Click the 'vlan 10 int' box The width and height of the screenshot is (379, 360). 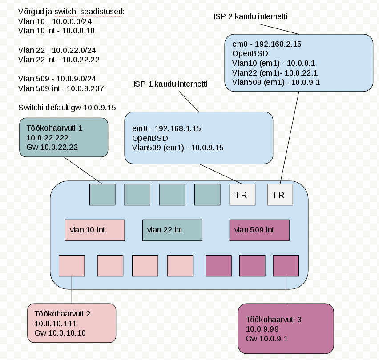pyautogui.click(x=95, y=230)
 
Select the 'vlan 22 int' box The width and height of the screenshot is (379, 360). pyautogui.click(x=172, y=230)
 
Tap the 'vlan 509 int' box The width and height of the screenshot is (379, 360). pyautogui.click(x=259, y=230)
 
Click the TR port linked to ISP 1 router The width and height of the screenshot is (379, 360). pyautogui.click(x=242, y=195)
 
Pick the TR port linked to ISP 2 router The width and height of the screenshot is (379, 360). pyautogui.click(x=280, y=195)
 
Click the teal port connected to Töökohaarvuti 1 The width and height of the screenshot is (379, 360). pyautogui.click(x=102, y=195)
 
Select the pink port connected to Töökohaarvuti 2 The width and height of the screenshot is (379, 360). pyautogui.click(x=72, y=266)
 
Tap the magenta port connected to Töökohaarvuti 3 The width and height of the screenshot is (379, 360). pyautogui.click(x=286, y=266)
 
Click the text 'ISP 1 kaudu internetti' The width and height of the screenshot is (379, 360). pyautogui.click(x=170, y=84)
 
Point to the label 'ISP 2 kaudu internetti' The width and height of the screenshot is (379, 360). pyautogui.click(x=250, y=16)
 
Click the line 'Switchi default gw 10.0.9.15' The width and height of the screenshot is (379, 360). pyautogui.click(x=67, y=108)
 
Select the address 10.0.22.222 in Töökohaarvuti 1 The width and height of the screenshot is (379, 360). pyautogui.click(x=47, y=138)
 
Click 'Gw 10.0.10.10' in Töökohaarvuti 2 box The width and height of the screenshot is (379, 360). pyautogui.click(x=60, y=333)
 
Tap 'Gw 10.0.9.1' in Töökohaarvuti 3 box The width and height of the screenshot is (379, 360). pyautogui.click(x=267, y=339)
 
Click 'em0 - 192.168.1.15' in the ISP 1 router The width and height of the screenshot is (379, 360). pyautogui.click(x=166, y=128)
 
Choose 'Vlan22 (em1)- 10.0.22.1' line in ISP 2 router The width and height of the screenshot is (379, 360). pyautogui.click(x=275, y=73)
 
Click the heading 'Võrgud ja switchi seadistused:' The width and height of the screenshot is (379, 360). pyautogui.click(x=71, y=12)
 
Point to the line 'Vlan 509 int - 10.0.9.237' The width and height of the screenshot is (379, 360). pyautogui.click(x=61, y=88)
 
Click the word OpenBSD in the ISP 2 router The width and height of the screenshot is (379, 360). pyautogui.click(x=250, y=53)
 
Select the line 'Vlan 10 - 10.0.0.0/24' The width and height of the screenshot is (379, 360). pyautogui.click(x=55, y=21)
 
